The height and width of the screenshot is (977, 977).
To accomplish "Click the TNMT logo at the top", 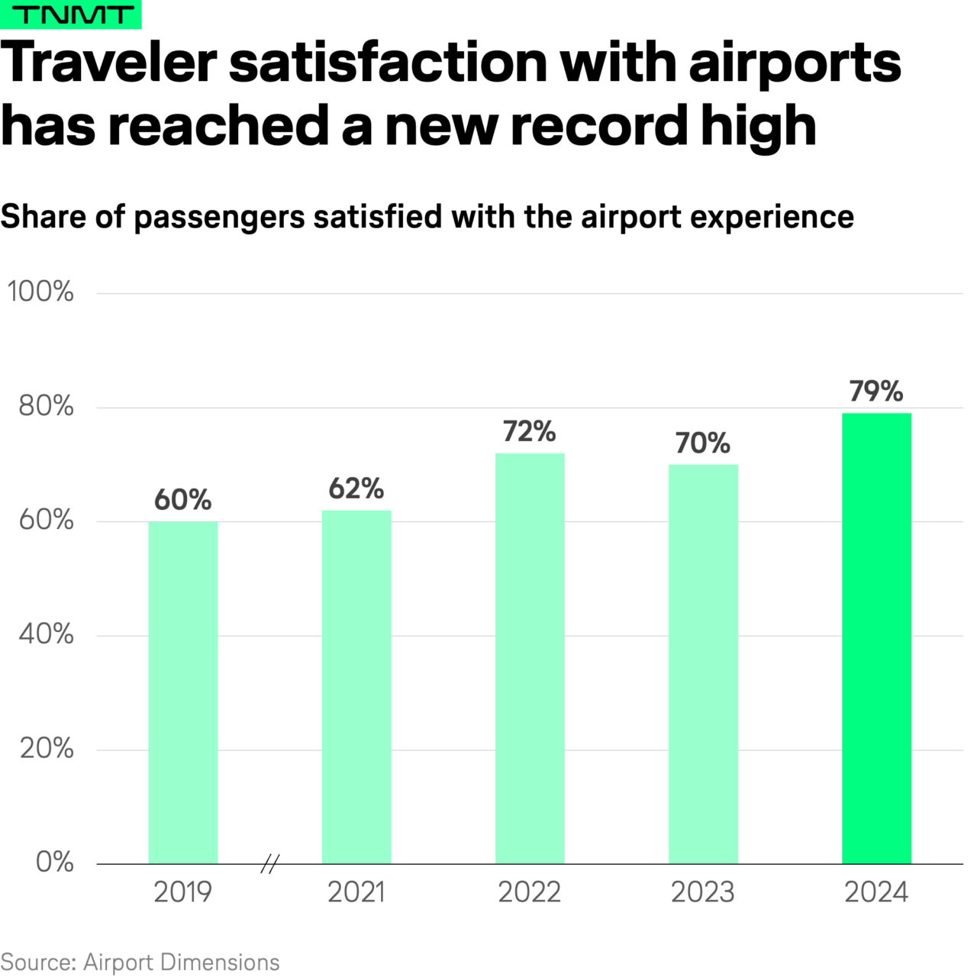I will coord(70,15).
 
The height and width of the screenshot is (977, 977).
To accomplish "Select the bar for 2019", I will coord(183,692).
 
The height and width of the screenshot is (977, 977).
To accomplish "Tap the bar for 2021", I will coord(356,687).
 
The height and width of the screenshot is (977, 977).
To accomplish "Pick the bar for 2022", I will coord(530,658).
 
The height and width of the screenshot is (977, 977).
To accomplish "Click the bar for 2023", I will coord(703,664).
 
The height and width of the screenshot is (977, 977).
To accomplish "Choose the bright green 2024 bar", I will coord(876,638).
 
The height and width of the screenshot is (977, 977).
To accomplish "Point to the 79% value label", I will coord(876,392).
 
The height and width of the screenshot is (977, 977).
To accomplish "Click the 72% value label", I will coord(530,432).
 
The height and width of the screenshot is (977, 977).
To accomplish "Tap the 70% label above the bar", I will coord(703,443).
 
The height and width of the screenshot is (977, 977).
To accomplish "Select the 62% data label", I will coord(356,488).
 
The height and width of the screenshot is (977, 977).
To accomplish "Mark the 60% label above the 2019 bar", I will coord(183,500).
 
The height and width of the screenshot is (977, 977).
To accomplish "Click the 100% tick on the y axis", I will coord(40,292).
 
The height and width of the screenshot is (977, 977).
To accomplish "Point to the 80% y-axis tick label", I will coord(46,406).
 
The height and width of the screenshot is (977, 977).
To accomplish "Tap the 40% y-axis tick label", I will coord(46,634).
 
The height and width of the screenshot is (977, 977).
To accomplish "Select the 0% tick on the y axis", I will coord(55,862).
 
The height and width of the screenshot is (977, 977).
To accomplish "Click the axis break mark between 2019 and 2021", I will coord(269,864).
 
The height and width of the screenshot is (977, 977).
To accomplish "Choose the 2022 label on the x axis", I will coord(530,892).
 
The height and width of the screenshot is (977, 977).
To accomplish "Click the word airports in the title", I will coord(795,63).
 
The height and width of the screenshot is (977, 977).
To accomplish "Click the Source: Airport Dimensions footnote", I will coord(140,962).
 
